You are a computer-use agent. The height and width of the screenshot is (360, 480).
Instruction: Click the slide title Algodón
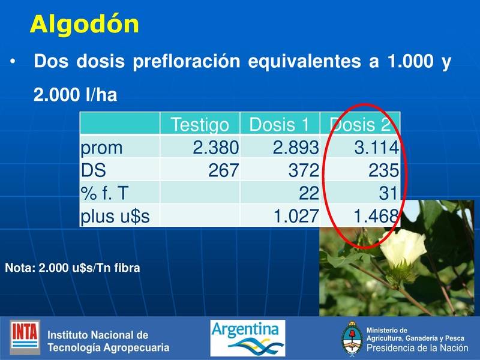pos(85,24)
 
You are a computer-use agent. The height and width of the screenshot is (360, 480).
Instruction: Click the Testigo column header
pos(200,125)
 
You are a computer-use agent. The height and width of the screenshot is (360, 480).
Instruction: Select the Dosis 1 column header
pos(279,125)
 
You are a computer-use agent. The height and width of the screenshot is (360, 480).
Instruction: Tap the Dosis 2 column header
pos(360,125)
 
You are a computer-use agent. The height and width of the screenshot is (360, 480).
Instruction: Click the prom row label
pos(101,147)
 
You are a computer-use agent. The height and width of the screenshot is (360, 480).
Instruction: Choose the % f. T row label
pos(106,193)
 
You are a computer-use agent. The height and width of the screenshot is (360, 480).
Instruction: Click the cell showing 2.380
pos(215,147)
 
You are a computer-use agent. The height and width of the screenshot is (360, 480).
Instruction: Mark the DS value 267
pos(223,170)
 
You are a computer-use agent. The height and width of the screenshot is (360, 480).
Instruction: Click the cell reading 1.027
pos(295,216)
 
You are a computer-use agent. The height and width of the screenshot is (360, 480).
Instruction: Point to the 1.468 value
pos(377,216)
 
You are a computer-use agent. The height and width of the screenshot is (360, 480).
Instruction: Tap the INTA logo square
pos(25,337)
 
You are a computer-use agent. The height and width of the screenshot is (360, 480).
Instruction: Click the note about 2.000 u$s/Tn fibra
pos(72,268)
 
